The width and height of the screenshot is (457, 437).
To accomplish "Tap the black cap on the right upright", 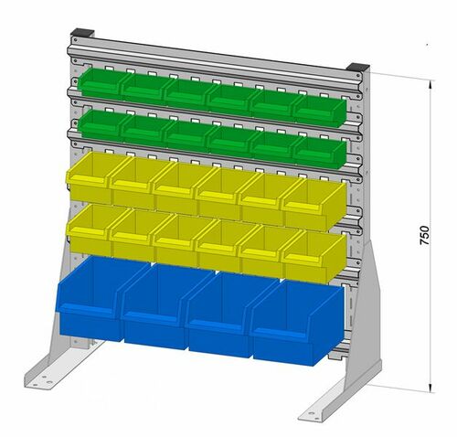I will (x=358, y=69).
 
